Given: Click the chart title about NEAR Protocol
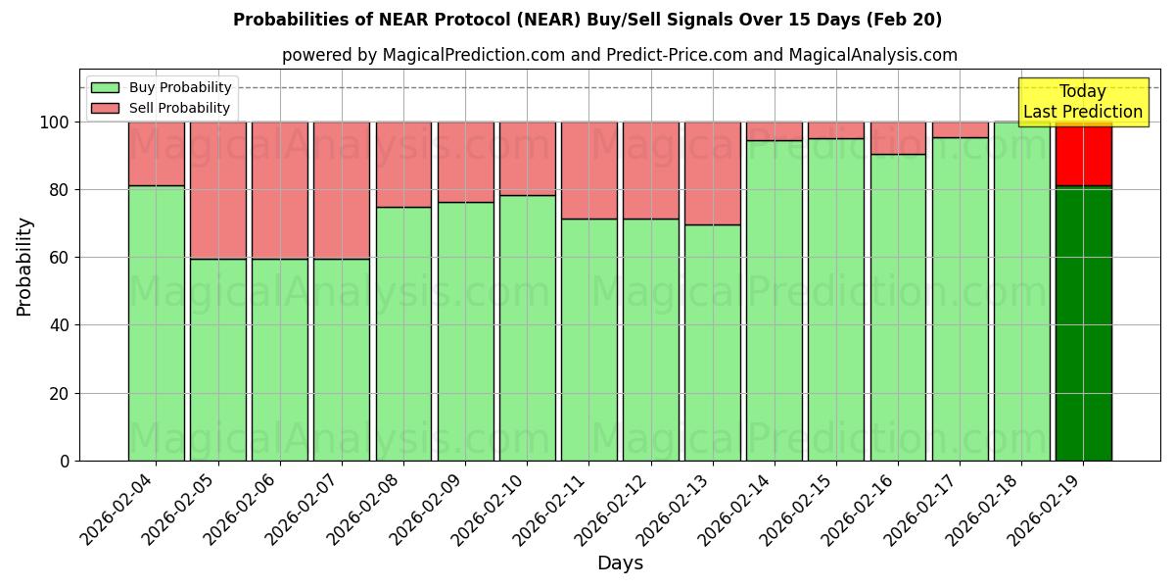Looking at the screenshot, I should tap(587, 20).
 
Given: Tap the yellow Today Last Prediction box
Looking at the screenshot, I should tap(1082, 102).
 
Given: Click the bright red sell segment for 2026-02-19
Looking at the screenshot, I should tap(1083, 154).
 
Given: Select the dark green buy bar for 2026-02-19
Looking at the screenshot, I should tap(1083, 323).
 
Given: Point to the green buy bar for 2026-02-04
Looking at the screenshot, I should tap(156, 323).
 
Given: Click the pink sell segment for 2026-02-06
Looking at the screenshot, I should tap(280, 190).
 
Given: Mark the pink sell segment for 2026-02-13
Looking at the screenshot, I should tap(713, 173).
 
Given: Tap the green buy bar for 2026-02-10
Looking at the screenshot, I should tap(528, 328).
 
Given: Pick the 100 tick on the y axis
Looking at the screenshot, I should tap(54, 122).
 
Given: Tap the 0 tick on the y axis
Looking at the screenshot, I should tap(65, 461).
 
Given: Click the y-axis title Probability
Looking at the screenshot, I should tap(24, 266).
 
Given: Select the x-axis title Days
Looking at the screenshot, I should tap(620, 563).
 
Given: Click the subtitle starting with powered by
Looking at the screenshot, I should tap(619, 55).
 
